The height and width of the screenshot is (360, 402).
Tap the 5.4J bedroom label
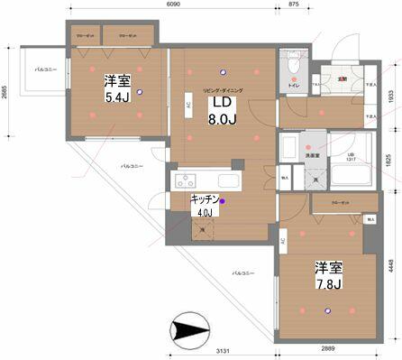116,87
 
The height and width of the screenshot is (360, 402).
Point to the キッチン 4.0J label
206,207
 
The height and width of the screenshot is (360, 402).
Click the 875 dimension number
294,5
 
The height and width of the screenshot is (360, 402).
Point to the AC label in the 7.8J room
283,241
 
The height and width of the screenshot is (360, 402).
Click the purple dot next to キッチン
223,202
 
